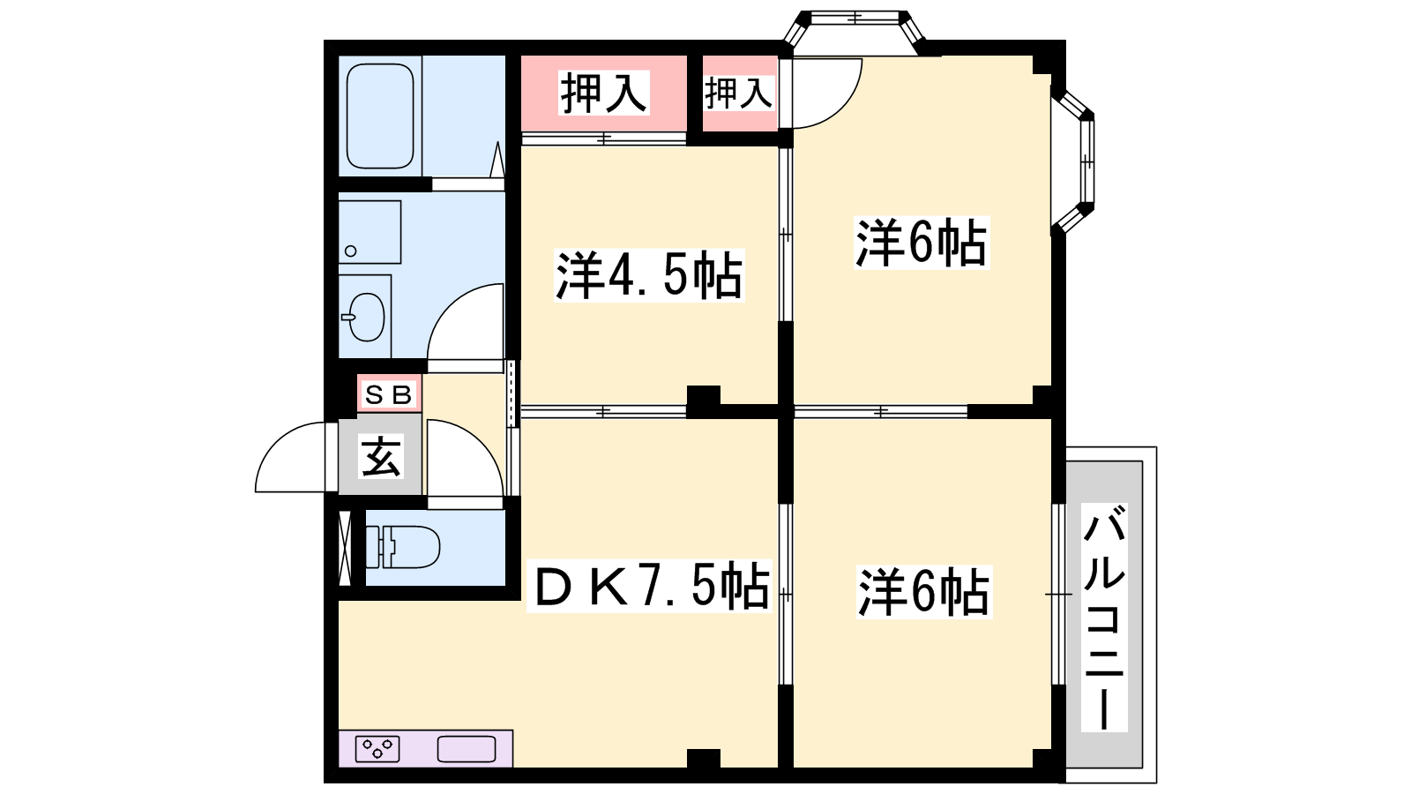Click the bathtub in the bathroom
coord(380,116)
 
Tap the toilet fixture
coord(403,547)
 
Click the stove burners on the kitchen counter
coord(378,749)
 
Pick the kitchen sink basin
coord(467,749)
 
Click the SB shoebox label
coord(389,394)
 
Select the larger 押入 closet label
coord(603,94)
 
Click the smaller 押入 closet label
coord(738,94)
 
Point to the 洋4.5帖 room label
coord(649,275)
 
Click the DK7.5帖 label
coord(649,586)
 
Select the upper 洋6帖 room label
coord(922,243)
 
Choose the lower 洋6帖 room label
coord(924,592)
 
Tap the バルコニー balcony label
coord(1104,618)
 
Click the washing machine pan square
coord(370,232)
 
